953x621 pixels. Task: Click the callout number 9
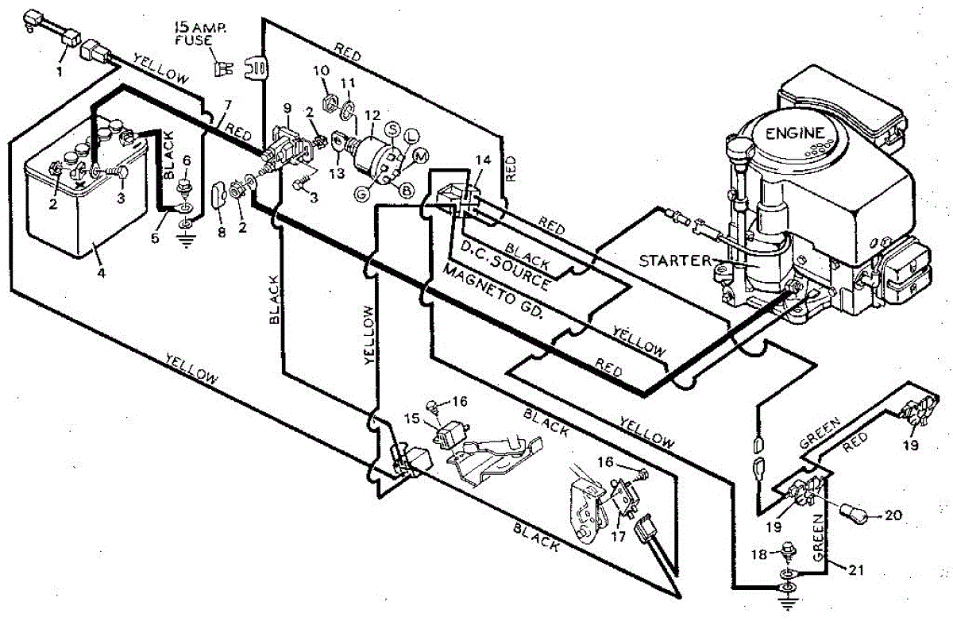287,107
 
